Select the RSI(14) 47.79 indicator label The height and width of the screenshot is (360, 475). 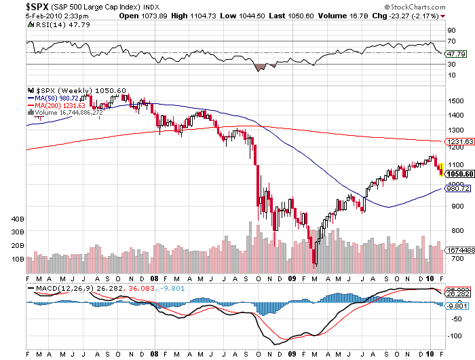coord(49,24)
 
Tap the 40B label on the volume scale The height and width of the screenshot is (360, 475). coord(18,219)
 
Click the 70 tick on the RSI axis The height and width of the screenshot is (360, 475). coord(450,41)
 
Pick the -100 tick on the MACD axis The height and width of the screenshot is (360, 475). coord(453,336)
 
